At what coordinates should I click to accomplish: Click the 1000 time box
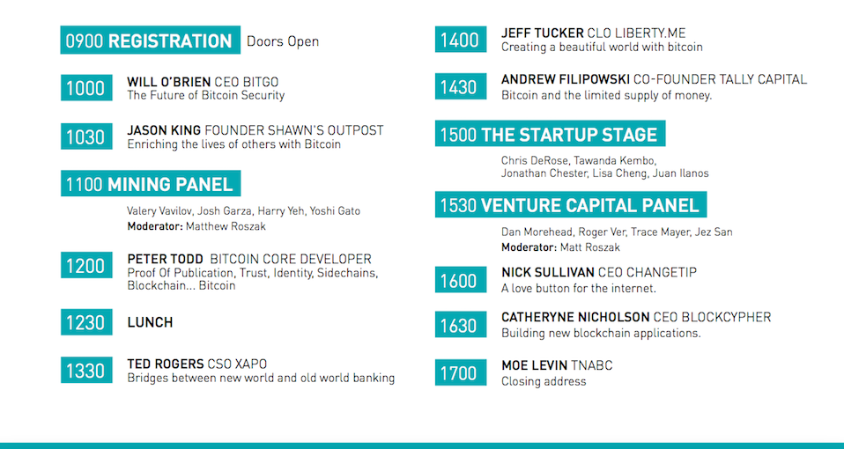85,88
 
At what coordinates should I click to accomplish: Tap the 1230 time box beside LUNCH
85,322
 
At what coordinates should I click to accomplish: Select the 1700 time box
458,373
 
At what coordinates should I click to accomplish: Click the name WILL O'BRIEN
169,82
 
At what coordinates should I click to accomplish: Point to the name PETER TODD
166,260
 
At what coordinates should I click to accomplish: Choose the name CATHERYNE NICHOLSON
575,317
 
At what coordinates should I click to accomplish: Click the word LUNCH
150,322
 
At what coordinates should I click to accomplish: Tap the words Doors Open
283,41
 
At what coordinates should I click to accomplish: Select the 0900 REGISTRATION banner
149,40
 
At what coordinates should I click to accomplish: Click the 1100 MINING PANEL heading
150,184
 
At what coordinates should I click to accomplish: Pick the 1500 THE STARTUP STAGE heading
550,135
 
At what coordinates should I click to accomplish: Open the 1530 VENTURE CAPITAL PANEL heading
570,206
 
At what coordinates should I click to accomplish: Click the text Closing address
544,381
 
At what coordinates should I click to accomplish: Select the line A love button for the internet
579,288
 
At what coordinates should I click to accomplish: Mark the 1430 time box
458,88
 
